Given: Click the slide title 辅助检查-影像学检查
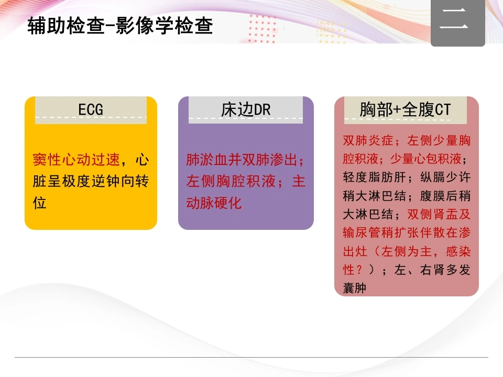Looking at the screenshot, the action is click(x=120, y=26).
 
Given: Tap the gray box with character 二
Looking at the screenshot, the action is click(x=458, y=23).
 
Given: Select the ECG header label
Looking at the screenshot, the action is click(x=91, y=109).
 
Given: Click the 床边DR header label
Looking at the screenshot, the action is click(x=246, y=109).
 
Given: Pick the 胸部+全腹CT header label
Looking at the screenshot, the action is click(x=405, y=109).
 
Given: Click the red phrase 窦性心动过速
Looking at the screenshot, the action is click(x=76, y=160).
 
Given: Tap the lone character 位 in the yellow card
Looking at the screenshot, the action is click(x=39, y=203).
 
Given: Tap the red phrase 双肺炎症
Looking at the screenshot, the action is click(x=368, y=140).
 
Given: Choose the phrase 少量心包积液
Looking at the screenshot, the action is click(x=426, y=159).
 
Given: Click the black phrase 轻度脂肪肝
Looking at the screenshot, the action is click(x=374, y=177).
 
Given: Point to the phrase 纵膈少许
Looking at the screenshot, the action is click(x=445, y=177).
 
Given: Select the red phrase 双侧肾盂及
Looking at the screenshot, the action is click(x=439, y=214).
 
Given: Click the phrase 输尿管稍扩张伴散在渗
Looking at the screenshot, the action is click(x=407, y=232).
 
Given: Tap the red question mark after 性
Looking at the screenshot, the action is click(x=359, y=270).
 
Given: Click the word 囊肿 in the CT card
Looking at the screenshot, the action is click(x=355, y=288).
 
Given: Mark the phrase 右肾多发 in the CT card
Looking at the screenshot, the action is click(x=445, y=270).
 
